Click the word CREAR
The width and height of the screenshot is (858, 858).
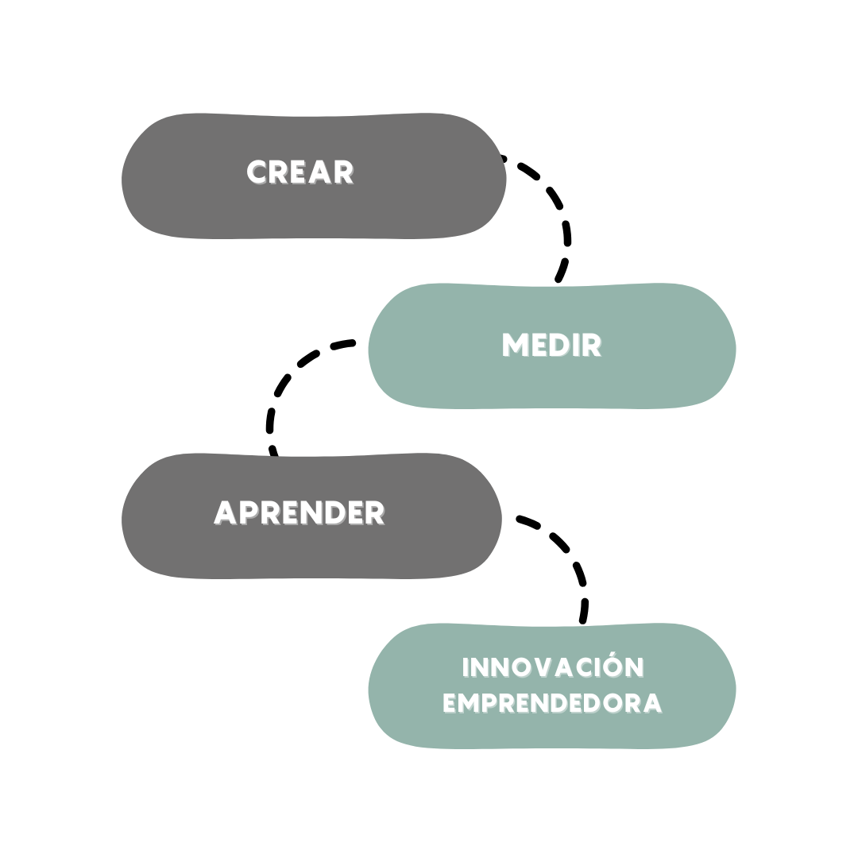[x=300, y=172]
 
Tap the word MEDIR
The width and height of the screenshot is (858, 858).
[x=552, y=346]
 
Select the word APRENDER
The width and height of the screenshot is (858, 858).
[x=300, y=512]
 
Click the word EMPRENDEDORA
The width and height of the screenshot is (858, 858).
[x=553, y=703]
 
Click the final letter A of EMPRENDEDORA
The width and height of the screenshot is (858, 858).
[x=652, y=704]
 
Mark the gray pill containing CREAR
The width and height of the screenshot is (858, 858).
[x=314, y=176]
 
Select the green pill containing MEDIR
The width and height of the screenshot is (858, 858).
[x=551, y=346]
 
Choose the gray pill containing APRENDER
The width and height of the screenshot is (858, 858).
[x=311, y=516]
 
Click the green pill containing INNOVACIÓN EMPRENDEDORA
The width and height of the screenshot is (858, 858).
[x=551, y=686]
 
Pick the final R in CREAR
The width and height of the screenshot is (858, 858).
[x=344, y=172]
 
